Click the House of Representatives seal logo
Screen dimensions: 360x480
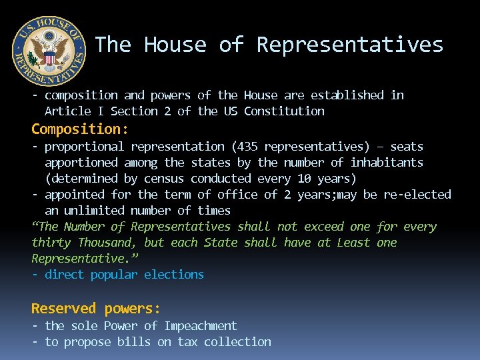pos(49,51)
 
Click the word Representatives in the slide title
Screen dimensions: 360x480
pos(350,45)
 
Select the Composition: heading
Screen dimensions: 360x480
pos(80,128)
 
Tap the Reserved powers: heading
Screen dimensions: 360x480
pos(96,308)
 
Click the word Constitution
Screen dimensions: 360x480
pos(284,111)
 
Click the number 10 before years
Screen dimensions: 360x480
pos(304,179)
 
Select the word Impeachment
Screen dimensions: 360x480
pos(201,326)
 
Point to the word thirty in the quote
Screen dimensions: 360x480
pos(51,243)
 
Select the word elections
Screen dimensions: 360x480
pos(174,275)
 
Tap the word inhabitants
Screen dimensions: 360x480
pos(387,163)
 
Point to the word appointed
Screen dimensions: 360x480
pos(74,195)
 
